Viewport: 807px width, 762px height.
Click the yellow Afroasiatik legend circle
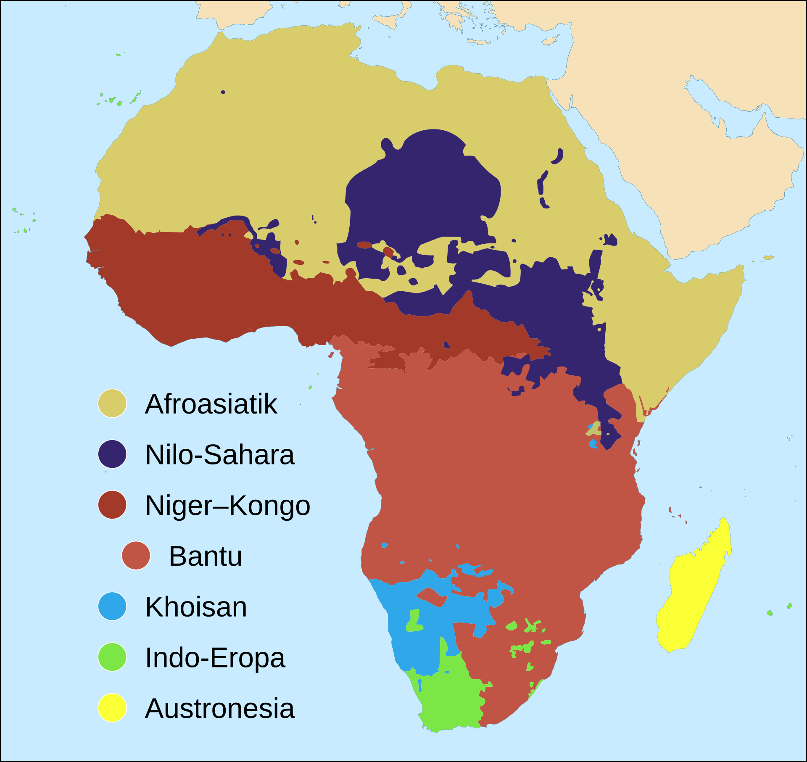112,403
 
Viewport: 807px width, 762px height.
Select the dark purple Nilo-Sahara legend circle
112,454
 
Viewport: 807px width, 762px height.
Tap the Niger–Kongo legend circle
112,504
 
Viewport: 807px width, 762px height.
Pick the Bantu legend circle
136,555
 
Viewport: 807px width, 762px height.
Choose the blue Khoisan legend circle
112,606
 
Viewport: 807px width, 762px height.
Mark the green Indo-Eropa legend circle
112,657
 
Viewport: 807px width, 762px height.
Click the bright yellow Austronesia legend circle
112,708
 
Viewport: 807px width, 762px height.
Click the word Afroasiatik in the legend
211,404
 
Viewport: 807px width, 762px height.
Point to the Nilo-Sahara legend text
220,455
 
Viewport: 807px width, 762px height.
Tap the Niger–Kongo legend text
227,505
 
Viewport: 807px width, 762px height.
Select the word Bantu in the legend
206,556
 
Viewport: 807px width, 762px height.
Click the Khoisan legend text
196,607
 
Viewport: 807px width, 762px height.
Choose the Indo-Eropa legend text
215,658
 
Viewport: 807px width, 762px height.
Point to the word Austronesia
220,709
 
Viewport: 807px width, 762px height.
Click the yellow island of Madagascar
694,588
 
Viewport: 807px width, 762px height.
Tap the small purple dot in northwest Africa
223,92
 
